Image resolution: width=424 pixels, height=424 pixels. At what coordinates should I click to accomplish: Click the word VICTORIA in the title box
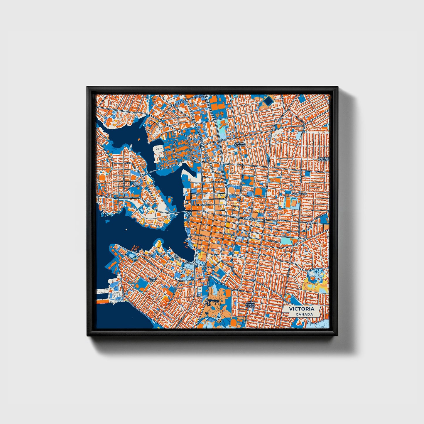click(x=301, y=309)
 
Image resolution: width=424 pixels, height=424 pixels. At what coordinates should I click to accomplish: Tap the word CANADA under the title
click(x=304, y=315)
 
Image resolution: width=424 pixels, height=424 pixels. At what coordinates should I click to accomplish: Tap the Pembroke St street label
click(x=217, y=182)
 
